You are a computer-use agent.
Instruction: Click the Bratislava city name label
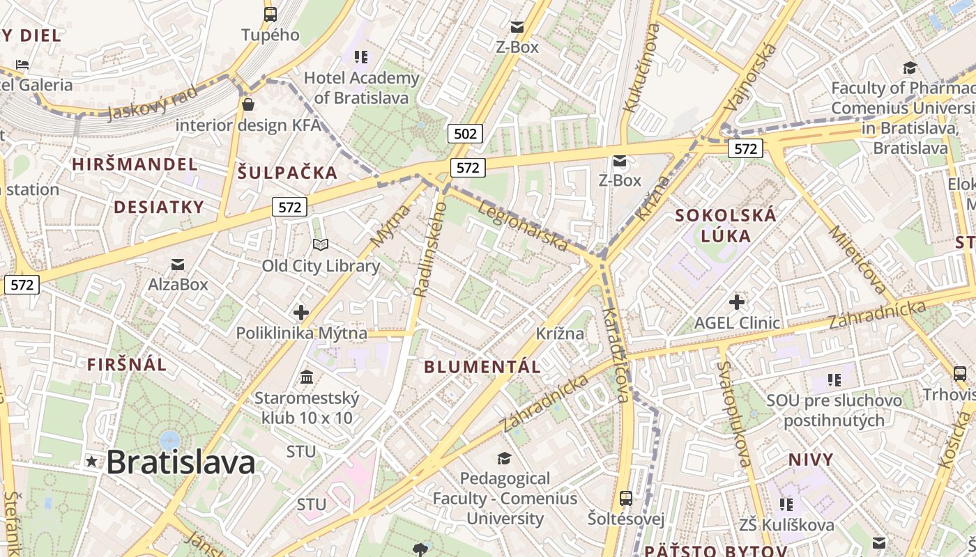[181, 462]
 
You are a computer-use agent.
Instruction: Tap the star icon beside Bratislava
[91, 461]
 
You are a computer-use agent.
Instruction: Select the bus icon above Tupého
[270, 14]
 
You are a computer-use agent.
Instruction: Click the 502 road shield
[465, 134]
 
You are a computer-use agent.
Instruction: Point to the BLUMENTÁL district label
[482, 367]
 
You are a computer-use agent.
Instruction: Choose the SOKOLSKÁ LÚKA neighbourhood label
[726, 225]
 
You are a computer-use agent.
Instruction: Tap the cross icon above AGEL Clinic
[737, 302]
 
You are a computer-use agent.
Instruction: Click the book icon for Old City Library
[321, 245]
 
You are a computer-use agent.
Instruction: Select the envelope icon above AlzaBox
[178, 264]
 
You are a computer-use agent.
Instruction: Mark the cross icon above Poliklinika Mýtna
[301, 313]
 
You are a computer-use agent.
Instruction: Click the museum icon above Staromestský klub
[307, 377]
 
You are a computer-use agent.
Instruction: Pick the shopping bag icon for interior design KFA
[247, 105]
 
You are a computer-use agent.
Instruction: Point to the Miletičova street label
[858, 259]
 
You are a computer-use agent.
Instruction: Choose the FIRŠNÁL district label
[127, 364]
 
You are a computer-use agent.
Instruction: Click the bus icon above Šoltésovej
[626, 499]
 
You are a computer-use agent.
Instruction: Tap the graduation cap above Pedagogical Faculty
[504, 457]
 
